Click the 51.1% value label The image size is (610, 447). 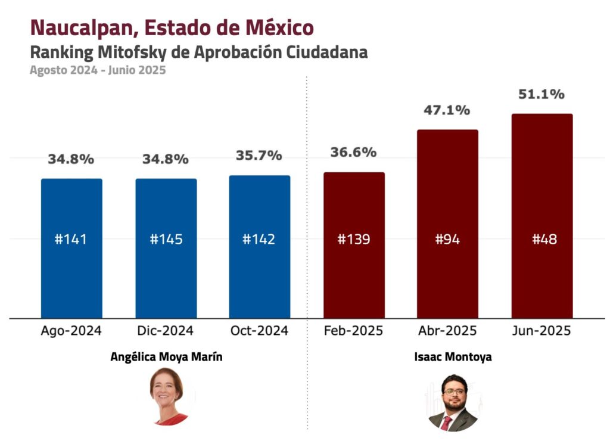click(541, 94)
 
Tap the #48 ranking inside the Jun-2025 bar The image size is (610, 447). click(541, 240)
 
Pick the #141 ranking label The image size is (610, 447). click(71, 240)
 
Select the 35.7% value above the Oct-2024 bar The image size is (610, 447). click(259, 156)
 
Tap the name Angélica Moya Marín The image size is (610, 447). click(162, 357)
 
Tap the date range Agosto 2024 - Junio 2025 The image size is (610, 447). click(98, 70)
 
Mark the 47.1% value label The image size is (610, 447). click(447, 110)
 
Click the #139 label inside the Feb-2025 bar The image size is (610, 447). click(354, 240)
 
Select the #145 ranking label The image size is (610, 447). click(166, 240)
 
